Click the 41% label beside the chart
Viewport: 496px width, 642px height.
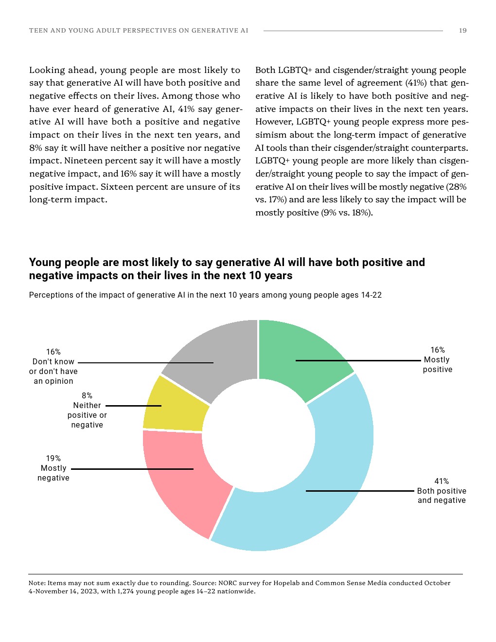[x=442, y=481]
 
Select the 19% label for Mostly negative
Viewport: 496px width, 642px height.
[x=53, y=458]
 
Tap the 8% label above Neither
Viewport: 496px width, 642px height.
[x=87, y=395]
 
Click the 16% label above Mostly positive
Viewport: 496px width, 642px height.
[x=438, y=350]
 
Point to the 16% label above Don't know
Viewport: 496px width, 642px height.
[x=53, y=352]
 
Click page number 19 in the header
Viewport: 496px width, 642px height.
[x=463, y=30]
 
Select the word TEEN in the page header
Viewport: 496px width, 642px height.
[x=38, y=30]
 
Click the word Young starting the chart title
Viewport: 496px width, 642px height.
[x=44, y=262]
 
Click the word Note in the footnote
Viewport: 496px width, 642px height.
[x=36, y=583]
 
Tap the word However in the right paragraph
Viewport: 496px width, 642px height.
[x=274, y=122]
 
